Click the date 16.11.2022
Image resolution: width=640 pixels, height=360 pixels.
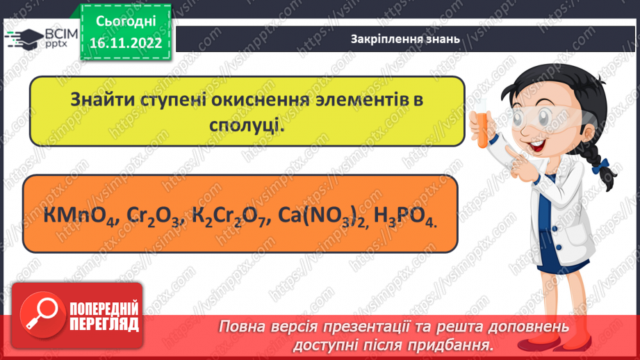click(x=125, y=43)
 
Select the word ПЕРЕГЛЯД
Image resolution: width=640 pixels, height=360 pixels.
click(x=105, y=323)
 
